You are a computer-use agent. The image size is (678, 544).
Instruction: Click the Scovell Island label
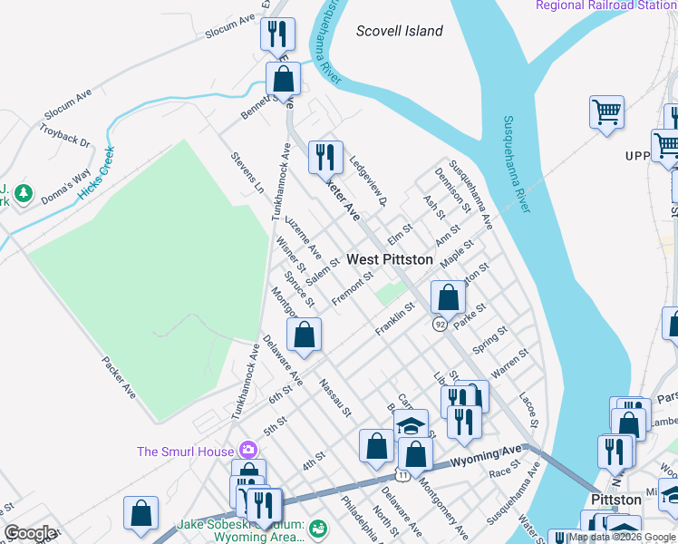400,31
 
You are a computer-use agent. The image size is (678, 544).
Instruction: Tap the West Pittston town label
390,259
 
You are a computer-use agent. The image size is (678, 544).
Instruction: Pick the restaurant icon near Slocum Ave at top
276,34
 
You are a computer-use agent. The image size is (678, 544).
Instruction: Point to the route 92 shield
440,324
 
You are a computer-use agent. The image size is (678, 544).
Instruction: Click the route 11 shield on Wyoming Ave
402,474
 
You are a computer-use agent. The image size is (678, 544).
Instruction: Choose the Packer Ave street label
118,378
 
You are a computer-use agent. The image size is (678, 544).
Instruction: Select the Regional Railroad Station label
605,5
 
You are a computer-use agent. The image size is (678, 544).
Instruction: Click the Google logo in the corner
30,532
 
